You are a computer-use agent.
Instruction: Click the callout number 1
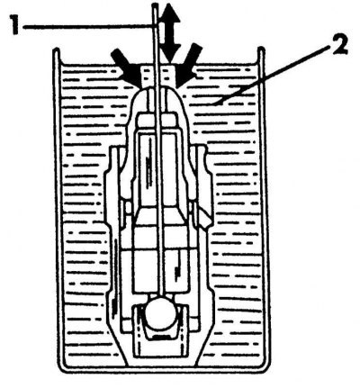click(x=15, y=26)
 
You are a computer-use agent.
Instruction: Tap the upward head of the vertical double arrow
click(x=169, y=14)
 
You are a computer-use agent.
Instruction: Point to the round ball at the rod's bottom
click(x=160, y=312)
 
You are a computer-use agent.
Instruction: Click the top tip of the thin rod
click(x=155, y=5)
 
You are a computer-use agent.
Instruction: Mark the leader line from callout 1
click(x=88, y=27)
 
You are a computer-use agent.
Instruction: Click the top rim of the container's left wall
click(x=56, y=50)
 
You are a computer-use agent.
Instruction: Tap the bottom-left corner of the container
click(x=61, y=368)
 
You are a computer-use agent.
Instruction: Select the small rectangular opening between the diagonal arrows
click(x=158, y=76)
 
